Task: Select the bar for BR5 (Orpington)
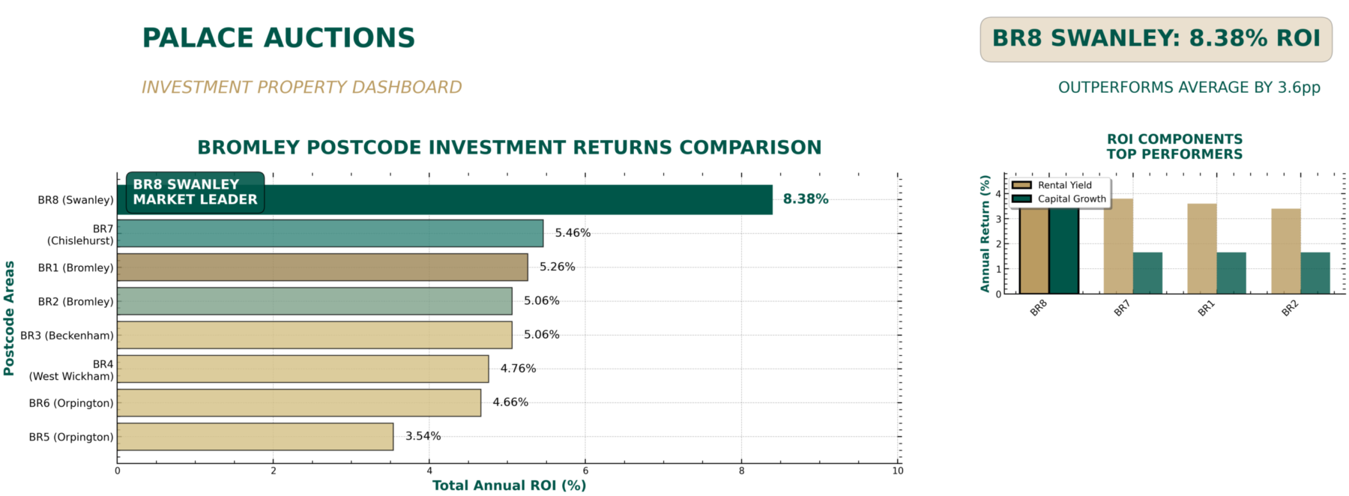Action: (x=255, y=437)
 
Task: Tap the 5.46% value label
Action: (x=573, y=233)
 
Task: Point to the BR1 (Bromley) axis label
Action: (x=76, y=267)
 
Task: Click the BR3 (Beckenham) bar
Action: (x=315, y=335)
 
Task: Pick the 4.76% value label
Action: (x=518, y=369)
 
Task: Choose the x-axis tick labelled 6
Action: (x=585, y=471)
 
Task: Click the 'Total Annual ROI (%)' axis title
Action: (x=509, y=486)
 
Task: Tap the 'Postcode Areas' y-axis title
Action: (x=9, y=318)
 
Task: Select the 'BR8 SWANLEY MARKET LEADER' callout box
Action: (x=195, y=193)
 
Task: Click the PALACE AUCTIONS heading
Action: (x=278, y=38)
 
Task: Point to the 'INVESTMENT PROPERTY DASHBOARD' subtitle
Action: (x=301, y=88)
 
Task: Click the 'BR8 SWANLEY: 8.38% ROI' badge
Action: (x=1156, y=39)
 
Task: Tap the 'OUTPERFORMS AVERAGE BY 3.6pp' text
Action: (x=1189, y=88)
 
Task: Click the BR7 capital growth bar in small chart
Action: (x=1147, y=273)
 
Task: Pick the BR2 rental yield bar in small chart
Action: (x=1285, y=251)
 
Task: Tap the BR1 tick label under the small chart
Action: (x=1205, y=308)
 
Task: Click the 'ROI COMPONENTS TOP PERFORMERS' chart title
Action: (x=1174, y=147)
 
